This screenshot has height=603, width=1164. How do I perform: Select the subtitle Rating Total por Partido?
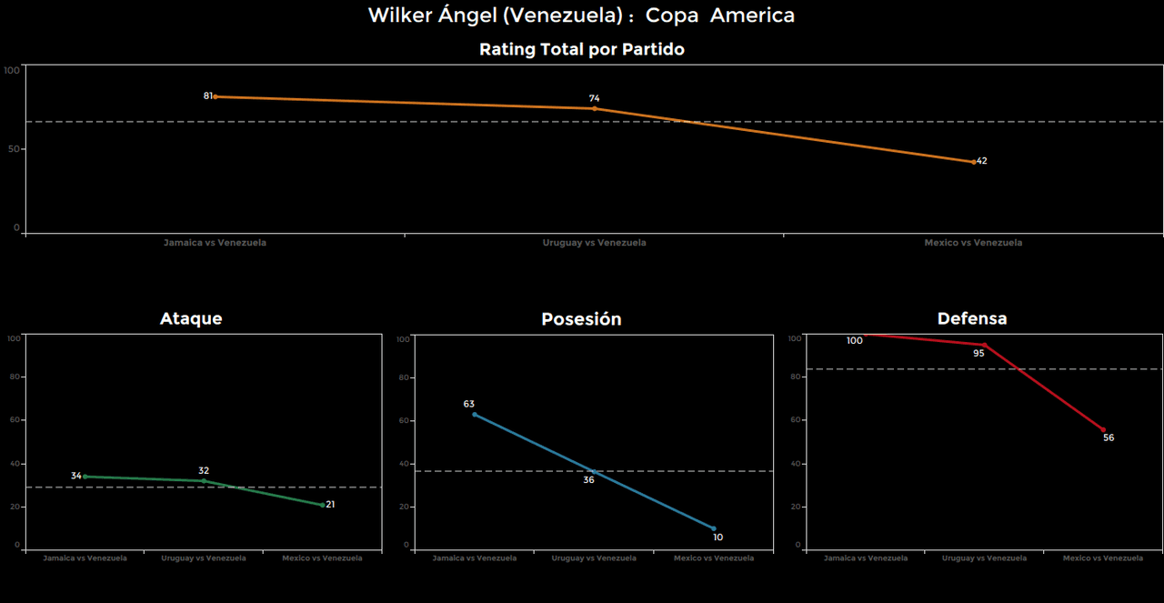click(581, 50)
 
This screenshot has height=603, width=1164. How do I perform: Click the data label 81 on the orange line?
click(207, 95)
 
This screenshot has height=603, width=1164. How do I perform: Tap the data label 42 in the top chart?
click(981, 161)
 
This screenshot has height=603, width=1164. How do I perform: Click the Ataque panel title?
click(191, 319)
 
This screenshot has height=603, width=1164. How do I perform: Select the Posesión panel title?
click(581, 319)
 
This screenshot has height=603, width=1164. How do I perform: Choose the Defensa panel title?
click(971, 319)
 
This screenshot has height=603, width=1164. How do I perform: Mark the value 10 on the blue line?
click(717, 538)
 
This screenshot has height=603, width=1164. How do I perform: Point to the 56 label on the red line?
click(1108, 437)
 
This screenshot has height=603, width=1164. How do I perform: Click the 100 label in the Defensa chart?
click(854, 341)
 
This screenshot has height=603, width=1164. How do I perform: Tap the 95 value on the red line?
click(978, 353)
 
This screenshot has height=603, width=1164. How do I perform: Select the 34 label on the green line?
click(76, 476)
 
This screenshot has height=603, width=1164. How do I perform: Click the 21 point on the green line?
click(330, 505)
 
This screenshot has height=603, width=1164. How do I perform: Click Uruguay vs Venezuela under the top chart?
click(594, 243)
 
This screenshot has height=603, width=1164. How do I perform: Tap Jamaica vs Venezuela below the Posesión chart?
click(474, 558)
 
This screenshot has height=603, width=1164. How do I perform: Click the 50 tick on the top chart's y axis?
click(14, 148)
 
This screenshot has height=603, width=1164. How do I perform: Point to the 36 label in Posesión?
click(588, 479)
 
